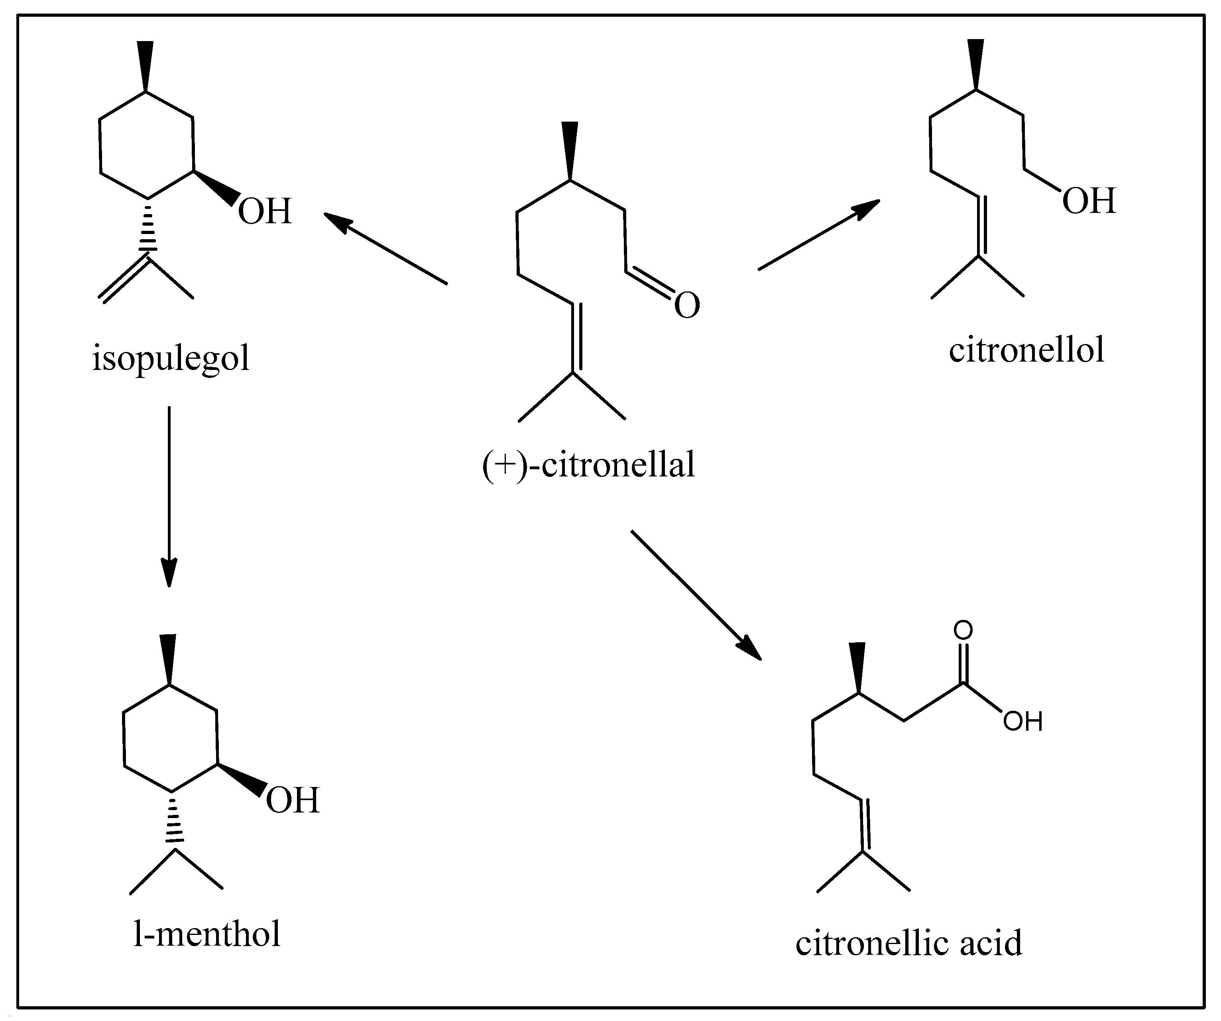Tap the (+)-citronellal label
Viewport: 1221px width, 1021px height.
tap(588, 465)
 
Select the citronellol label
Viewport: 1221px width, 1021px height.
tap(1026, 350)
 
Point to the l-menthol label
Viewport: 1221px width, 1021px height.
tap(207, 934)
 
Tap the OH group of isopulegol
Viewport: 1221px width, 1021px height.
tap(265, 211)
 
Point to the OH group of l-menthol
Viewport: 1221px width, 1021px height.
tap(293, 800)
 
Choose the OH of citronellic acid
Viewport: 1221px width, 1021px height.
tap(1023, 722)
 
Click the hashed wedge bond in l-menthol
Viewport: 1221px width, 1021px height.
tap(173, 816)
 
